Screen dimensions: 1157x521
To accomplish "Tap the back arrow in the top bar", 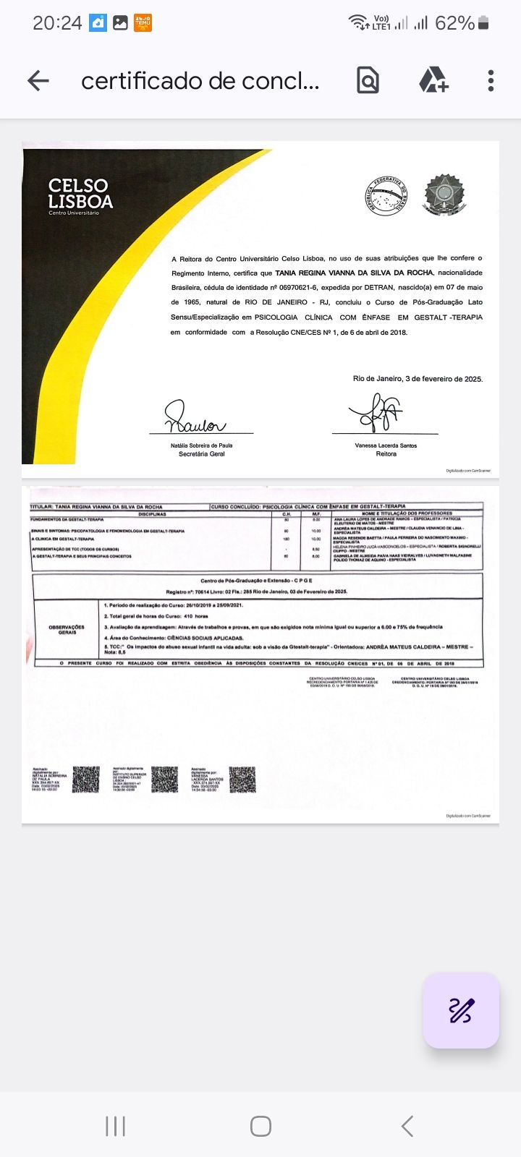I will (38, 80).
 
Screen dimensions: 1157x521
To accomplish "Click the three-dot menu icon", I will (491, 80).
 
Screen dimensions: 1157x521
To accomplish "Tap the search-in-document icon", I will (368, 80).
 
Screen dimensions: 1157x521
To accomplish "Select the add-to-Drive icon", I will (433, 80).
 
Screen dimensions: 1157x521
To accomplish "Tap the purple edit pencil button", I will (461, 1010).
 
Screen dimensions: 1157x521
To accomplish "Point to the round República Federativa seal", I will (386, 195).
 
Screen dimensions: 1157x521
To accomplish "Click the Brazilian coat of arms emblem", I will (445, 195).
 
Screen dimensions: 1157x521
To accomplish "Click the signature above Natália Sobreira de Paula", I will (194, 417).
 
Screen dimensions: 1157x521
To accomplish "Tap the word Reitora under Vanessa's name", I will (386, 454).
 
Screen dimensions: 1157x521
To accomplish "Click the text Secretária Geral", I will (202, 454).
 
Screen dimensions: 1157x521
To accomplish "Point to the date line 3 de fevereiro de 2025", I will (418, 379).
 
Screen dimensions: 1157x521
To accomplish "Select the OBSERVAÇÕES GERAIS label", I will (67, 629).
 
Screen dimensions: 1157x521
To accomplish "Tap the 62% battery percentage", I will (454, 23).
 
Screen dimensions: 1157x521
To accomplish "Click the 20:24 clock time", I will (57, 23).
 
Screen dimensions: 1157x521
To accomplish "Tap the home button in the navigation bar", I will (260, 1126).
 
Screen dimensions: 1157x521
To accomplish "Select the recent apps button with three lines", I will (115, 1126).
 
